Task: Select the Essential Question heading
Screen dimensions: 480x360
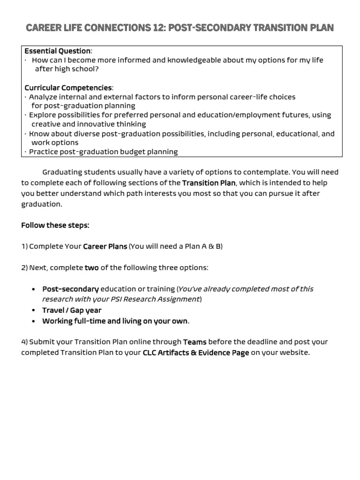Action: [57, 51]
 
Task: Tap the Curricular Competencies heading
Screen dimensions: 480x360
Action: [68, 88]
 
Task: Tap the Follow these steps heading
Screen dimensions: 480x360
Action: [55, 225]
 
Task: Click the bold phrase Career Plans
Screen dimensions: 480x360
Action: [105, 247]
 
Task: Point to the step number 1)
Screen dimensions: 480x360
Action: [24, 247]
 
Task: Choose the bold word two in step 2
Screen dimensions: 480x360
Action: [91, 268]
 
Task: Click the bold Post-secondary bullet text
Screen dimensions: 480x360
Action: [70, 289]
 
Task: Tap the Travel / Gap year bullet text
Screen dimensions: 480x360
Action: [72, 310]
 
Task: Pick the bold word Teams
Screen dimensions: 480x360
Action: [195, 342]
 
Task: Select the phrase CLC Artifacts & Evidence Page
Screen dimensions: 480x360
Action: [195, 352]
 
